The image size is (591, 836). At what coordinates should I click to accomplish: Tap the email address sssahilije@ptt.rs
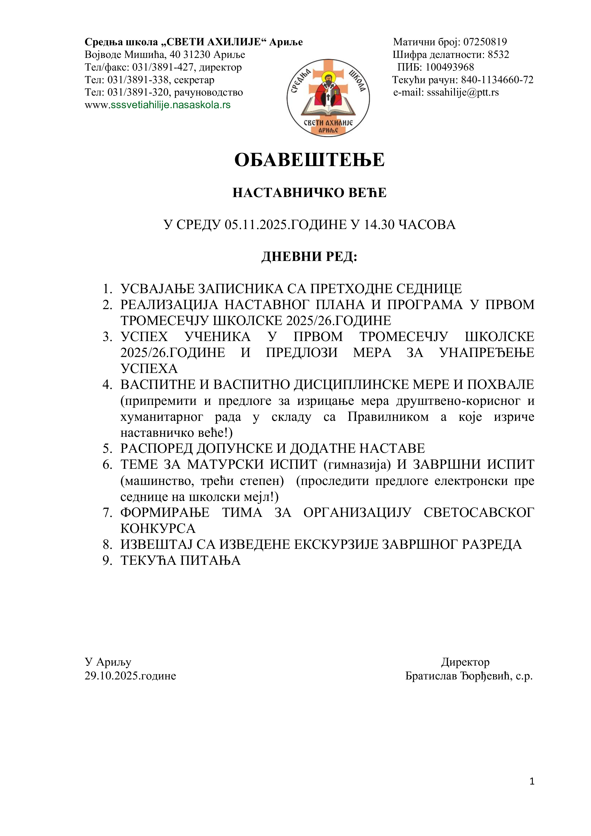coord(463,92)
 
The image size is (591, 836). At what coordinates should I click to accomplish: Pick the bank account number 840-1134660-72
coord(497,80)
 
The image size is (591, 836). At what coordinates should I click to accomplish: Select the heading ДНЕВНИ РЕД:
coord(309,257)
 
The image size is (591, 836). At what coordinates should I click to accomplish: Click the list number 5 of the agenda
coord(107,449)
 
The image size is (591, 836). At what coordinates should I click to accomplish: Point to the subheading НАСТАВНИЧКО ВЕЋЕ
coord(309,193)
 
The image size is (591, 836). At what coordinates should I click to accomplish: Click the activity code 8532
coord(498,55)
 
